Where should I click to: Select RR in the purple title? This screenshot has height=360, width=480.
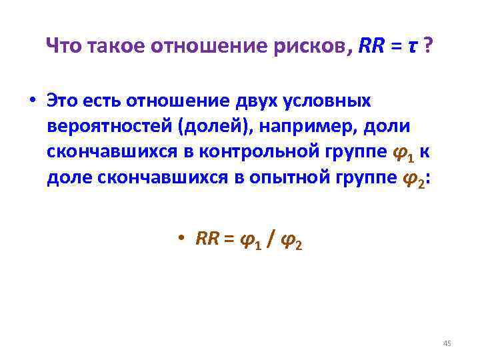[x=371, y=46]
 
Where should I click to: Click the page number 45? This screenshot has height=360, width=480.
[x=447, y=343]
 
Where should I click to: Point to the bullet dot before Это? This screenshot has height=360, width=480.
[x=31, y=101]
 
